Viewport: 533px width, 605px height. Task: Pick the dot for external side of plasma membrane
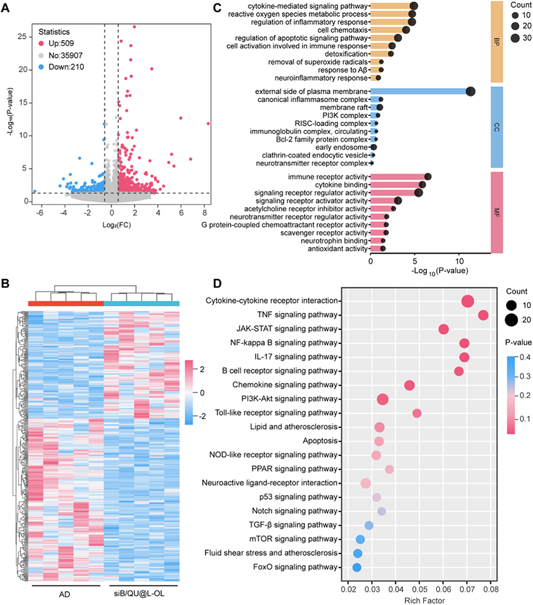[x=470, y=92]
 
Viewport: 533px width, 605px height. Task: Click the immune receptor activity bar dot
[x=428, y=177]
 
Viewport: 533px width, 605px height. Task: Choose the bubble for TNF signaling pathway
[x=483, y=316]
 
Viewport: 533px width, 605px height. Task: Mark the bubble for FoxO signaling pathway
[x=357, y=568]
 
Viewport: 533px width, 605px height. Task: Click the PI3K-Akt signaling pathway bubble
[x=383, y=399]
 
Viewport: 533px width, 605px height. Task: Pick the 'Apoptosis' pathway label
[x=322, y=441]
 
